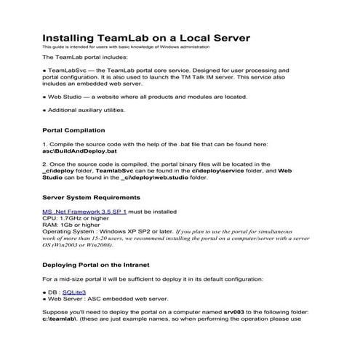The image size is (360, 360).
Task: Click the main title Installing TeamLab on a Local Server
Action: coord(145,37)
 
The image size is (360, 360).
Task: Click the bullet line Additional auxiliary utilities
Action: coord(86,110)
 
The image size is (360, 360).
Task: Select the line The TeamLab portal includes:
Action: coord(84,56)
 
